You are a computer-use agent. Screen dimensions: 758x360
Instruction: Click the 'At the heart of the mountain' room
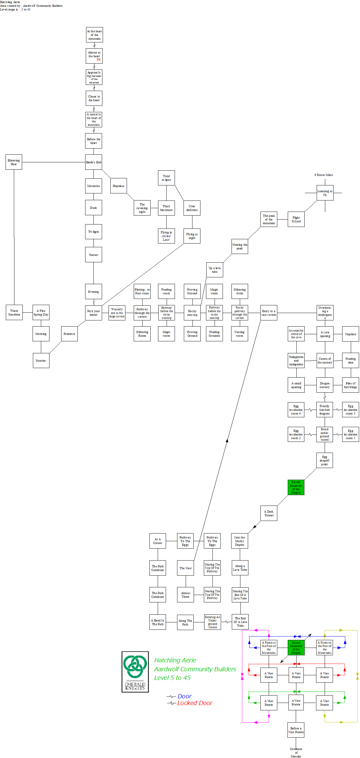tap(94, 35)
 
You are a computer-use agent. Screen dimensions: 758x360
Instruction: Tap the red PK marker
tap(99, 60)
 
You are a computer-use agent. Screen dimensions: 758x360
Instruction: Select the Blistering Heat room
tap(14, 162)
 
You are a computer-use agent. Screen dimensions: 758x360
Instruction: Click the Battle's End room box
tap(93, 162)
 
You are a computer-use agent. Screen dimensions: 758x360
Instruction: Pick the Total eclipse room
tap(166, 178)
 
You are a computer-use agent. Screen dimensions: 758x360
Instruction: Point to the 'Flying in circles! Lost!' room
tap(166, 236)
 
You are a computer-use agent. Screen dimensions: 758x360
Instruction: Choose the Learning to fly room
tap(325, 193)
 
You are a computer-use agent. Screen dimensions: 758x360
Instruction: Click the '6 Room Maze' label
tap(323, 175)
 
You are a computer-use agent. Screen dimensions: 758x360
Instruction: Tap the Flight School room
tap(296, 219)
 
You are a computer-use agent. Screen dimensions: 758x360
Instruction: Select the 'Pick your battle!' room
tap(93, 313)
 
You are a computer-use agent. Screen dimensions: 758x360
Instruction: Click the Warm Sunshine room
tap(14, 312)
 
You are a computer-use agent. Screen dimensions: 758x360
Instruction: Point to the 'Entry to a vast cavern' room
tap(269, 313)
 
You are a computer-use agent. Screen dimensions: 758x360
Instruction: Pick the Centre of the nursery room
tap(325, 360)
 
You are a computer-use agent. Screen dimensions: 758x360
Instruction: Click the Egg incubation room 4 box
tap(296, 410)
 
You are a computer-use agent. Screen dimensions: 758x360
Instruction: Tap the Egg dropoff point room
tap(325, 460)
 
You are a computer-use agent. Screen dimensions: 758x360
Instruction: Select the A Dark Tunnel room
tap(269, 513)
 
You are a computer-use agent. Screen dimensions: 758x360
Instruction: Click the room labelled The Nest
tap(185, 568)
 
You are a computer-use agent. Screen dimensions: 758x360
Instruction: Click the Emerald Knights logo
tap(135, 672)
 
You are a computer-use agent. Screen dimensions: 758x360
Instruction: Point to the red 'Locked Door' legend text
tap(195, 703)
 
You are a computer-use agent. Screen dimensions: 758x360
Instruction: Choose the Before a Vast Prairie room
tap(296, 730)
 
